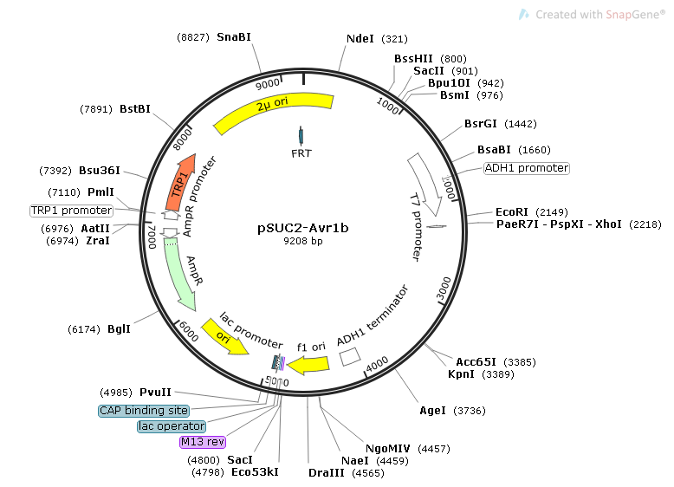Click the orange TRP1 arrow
179,183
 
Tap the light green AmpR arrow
178,273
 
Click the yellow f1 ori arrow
308,366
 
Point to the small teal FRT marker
301,136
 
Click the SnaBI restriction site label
234,37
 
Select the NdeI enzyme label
360,39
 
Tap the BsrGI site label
481,124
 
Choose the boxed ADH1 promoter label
527,167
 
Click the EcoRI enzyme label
511,212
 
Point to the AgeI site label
432,411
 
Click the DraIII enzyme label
327,473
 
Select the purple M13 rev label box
203,441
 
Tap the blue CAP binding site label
144,411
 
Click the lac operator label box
172,426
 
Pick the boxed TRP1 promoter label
71,211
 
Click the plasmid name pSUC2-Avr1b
303,227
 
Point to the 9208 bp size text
303,241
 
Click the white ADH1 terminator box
350,357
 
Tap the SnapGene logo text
600,15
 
